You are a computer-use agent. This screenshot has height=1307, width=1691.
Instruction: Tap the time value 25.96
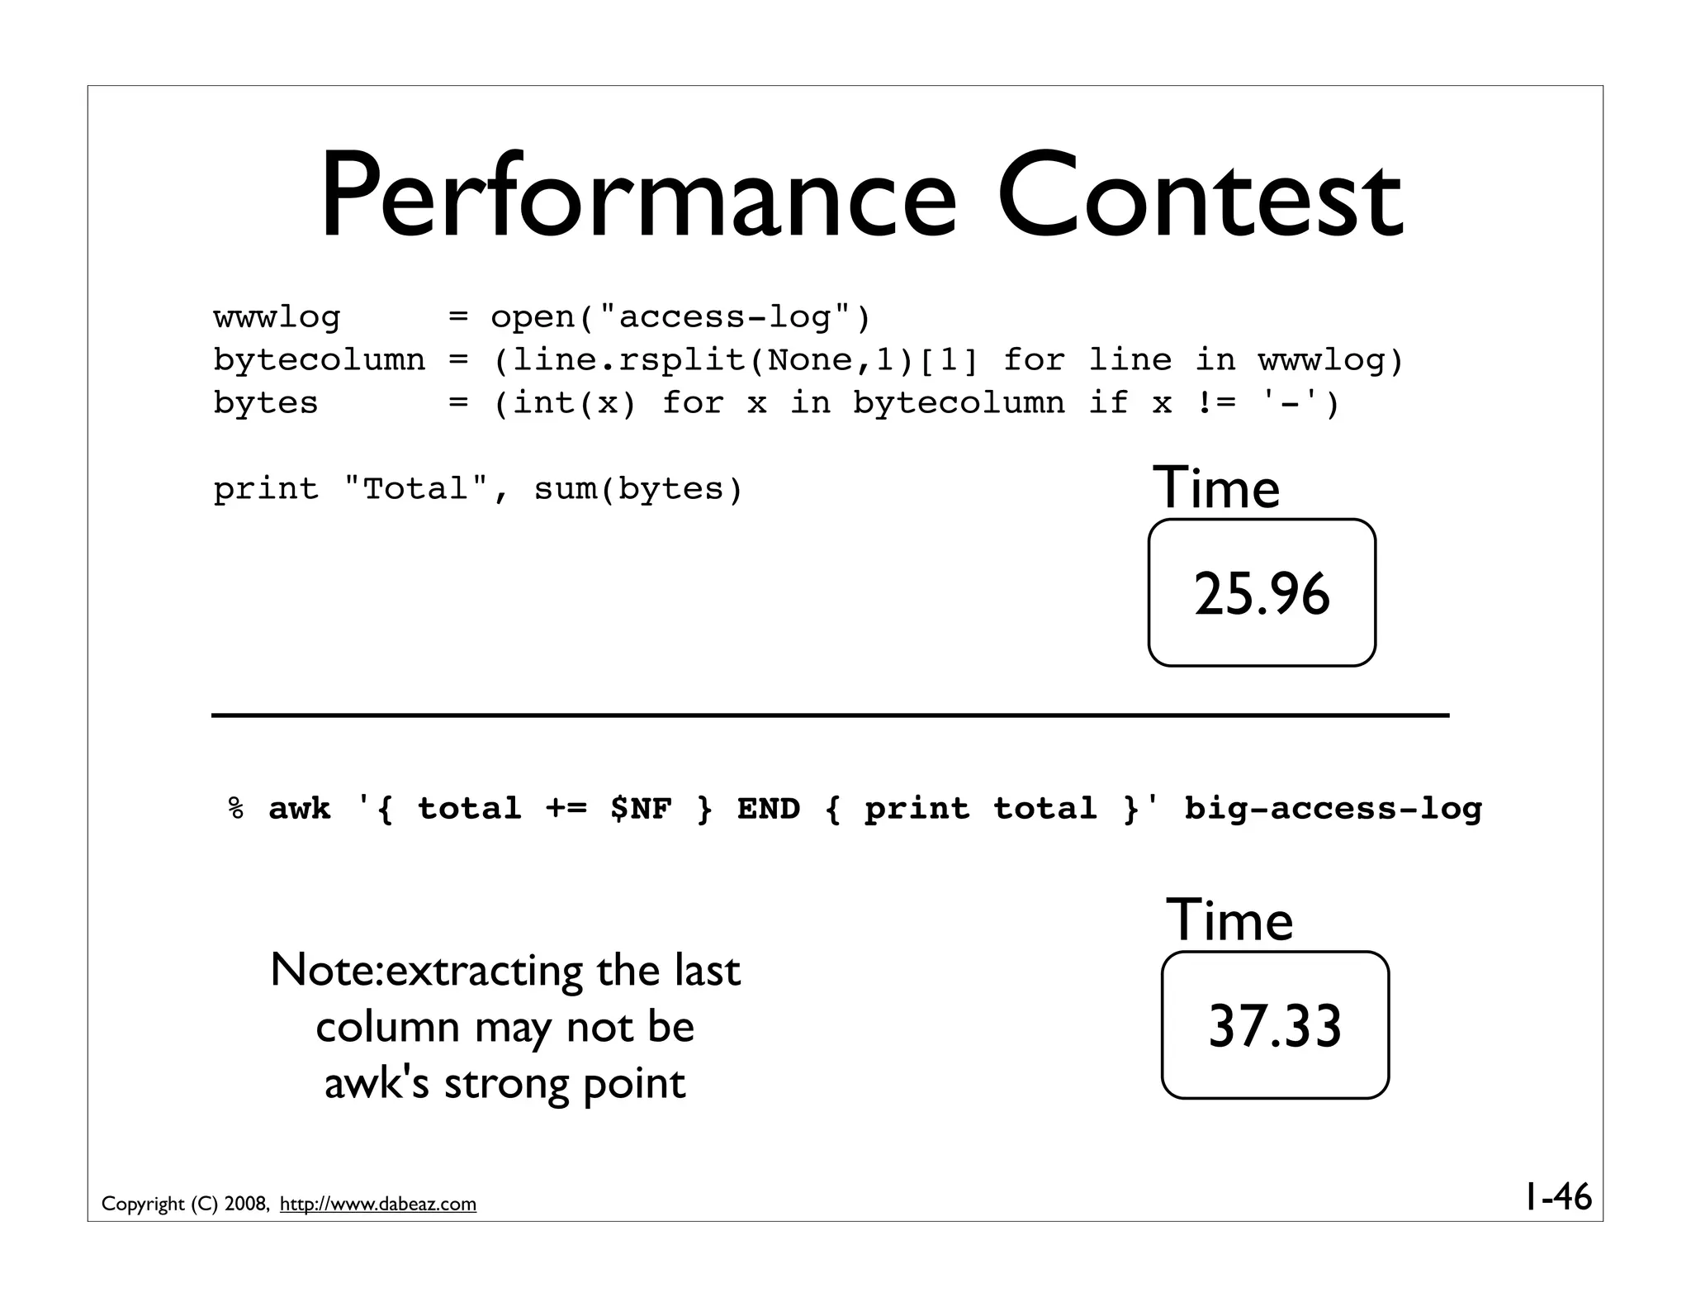[1262, 594]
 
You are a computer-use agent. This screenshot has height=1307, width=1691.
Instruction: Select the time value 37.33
[1275, 1026]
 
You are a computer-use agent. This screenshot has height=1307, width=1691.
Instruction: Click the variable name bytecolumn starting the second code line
[319, 360]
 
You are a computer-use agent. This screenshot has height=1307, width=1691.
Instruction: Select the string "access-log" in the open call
[726, 317]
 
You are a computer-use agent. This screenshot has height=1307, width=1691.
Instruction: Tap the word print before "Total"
[265, 489]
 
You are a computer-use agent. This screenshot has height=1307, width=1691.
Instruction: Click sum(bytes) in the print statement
[638, 489]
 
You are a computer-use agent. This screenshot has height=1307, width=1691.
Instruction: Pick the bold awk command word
[300, 808]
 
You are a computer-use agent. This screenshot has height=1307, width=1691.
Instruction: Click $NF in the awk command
[642, 808]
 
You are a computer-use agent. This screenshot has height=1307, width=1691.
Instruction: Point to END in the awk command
[769, 808]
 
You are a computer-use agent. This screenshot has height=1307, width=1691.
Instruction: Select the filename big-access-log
[1333, 808]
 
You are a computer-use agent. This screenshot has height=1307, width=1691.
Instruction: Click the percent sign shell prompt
[236, 808]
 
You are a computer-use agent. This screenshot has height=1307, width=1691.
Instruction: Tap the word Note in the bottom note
[324, 970]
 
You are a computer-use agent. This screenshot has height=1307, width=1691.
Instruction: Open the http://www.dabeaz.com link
[378, 1205]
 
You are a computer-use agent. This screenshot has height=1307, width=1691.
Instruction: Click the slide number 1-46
[1557, 1197]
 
